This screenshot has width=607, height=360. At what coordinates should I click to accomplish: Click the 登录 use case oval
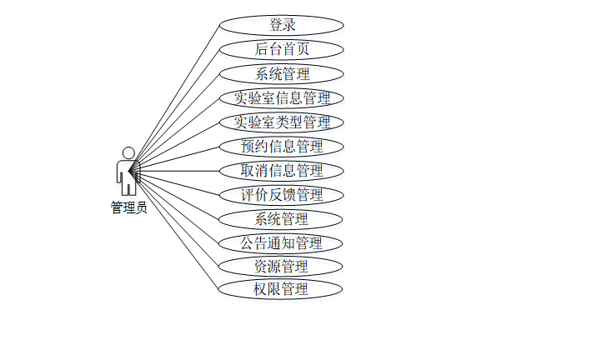tap(281, 25)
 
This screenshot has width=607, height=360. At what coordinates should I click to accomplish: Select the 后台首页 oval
tap(281, 49)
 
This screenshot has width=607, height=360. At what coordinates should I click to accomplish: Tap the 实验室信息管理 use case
tap(281, 97)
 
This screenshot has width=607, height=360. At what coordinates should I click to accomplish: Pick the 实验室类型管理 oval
tap(281, 122)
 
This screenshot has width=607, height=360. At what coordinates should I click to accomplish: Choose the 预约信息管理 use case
tap(281, 147)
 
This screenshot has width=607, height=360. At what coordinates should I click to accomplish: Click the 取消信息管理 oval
tap(281, 171)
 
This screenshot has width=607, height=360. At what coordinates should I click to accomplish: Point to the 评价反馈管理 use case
tap(281, 195)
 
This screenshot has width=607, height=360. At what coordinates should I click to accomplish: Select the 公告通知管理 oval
tap(281, 243)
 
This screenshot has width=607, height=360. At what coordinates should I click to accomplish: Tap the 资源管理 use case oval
tap(281, 267)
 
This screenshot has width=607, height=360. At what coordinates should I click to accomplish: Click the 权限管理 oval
tap(281, 290)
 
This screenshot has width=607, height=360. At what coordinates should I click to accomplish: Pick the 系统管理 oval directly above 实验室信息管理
tap(281, 73)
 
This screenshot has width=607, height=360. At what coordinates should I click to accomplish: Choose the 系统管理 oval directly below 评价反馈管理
tap(281, 219)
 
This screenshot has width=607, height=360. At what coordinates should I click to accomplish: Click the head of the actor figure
tap(128, 152)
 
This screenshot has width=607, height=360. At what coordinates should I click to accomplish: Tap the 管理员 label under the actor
tap(128, 208)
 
